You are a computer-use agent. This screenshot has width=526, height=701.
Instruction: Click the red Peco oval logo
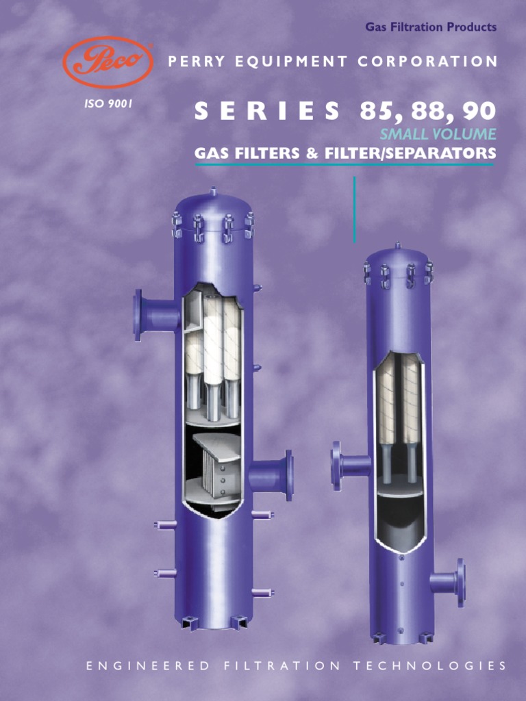[x=107, y=62]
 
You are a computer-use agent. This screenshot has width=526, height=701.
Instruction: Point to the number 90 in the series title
[x=479, y=111]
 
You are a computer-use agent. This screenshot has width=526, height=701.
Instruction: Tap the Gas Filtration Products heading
[x=430, y=27]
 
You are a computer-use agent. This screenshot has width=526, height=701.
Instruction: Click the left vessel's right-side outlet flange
[x=288, y=474]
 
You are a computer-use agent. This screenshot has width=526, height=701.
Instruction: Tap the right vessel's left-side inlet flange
[x=336, y=466]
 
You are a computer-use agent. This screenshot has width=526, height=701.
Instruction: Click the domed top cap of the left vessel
[x=213, y=204]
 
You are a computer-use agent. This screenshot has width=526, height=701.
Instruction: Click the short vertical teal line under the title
[x=355, y=209]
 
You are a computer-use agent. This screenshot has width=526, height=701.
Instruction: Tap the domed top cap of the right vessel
[x=397, y=256]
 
